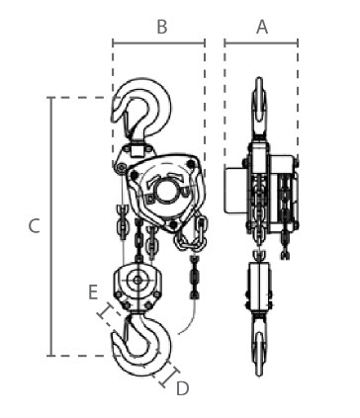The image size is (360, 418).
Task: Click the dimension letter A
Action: pyautogui.click(x=262, y=27)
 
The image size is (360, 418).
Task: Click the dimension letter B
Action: pyautogui.click(x=162, y=27)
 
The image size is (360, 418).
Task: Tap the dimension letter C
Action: pyautogui.click(x=35, y=226)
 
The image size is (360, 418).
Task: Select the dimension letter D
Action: pyautogui.click(x=183, y=388)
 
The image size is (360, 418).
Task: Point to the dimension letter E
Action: pyautogui.click(x=93, y=293)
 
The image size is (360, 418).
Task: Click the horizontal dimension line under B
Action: pyautogui.click(x=158, y=42)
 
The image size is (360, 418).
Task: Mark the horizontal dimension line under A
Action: pyautogui.click(x=261, y=42)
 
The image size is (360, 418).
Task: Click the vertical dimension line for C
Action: pyautogui.click(x=50, y=226)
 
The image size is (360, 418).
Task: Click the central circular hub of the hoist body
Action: pyautogui.click(x=167, y=191)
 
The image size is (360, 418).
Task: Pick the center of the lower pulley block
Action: pyautogui.click(x=137, y=281)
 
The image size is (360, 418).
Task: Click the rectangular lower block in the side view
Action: pyautogui.click(x=259, y=287)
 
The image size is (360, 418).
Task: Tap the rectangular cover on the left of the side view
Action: pyautogui.click(x=236, y=190)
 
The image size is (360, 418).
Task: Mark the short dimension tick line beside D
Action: pyautogui.click(x=169, y=376)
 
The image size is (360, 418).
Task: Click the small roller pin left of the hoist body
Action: pyautogui.click(x=122, y=168)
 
